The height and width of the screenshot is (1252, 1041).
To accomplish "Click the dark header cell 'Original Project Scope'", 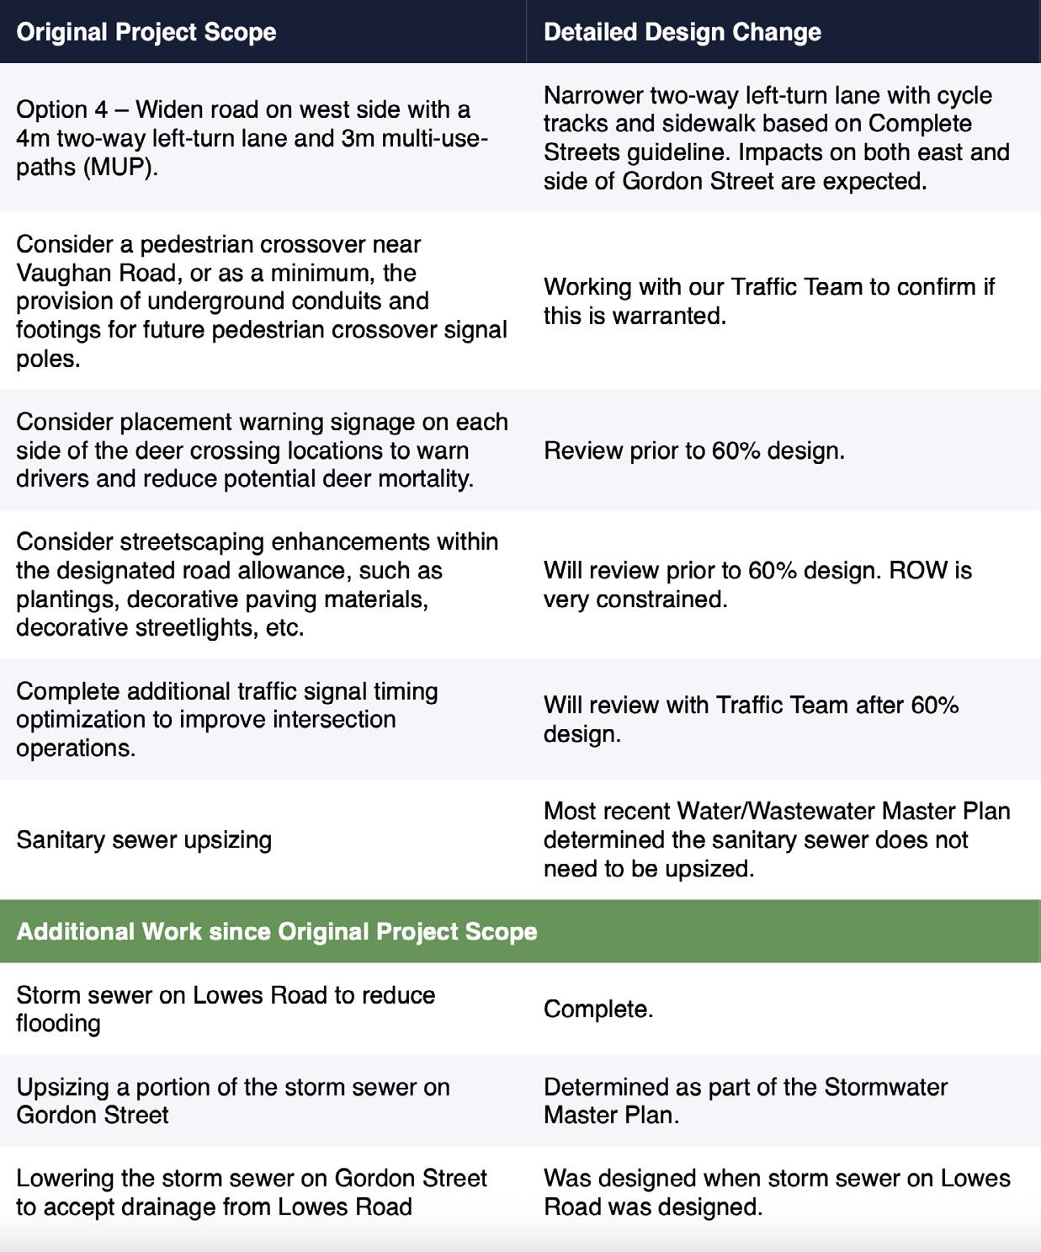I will click(146, 32).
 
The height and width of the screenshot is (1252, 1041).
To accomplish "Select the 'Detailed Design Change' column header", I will click(682, 32).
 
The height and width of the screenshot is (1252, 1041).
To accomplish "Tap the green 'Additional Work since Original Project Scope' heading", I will click(277, 931).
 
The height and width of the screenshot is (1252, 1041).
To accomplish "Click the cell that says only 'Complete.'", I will click(598, 1009).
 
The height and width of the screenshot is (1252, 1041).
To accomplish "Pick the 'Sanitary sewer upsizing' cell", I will click(144, 839).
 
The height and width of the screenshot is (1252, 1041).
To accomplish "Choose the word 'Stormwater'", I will click(885, 1086).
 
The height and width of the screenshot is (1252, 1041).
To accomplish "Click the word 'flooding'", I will click(58, 1023).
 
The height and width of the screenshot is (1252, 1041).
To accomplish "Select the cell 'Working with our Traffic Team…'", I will click(768, 301).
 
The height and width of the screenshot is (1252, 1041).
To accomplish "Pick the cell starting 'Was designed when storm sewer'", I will click(776, 1192).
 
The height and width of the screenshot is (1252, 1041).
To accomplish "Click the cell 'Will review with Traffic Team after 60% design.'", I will click(751, 719).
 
